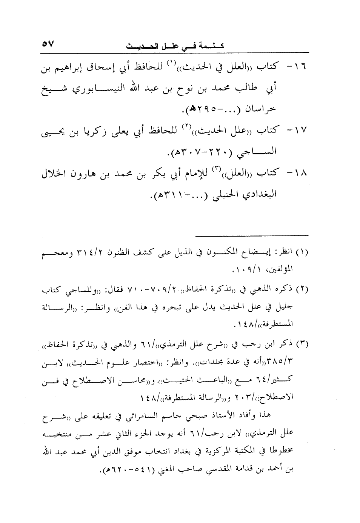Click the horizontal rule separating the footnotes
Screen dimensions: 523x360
coord(252,235)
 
